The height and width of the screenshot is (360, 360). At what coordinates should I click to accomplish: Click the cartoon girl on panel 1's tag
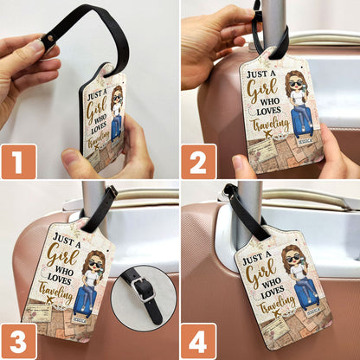pyautogui.click(x=116, y=111)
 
